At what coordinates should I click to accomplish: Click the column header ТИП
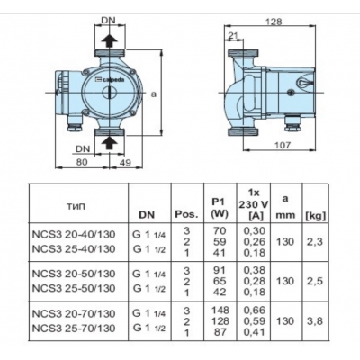tap(76, 204)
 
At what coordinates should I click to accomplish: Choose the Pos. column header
tap(186, 216)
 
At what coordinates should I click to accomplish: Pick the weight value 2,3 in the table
tap(314, 241)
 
